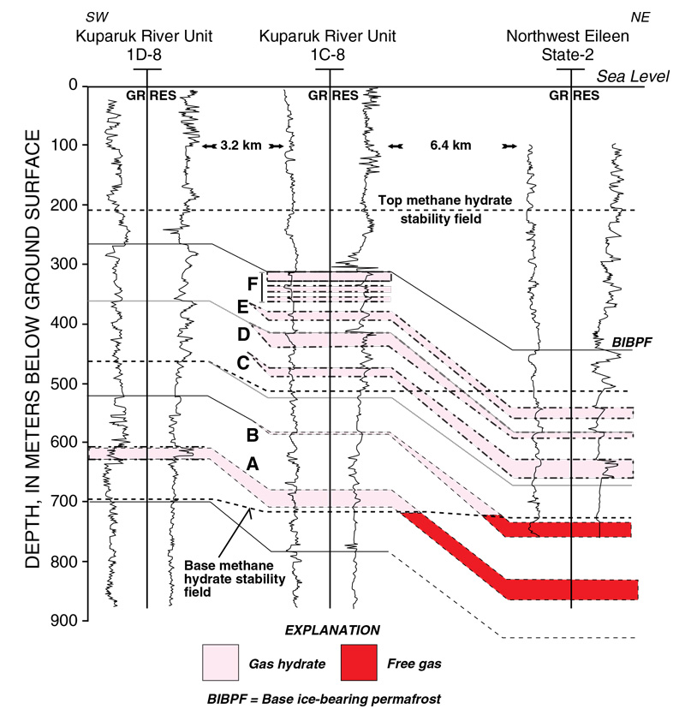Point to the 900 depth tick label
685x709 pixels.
click(x=66, y=620)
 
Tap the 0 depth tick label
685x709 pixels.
click(x=72, y=86)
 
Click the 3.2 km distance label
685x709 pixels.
click(x=243, y=146)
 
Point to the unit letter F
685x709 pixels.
click(x=250, y=283)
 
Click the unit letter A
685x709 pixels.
click(x=252, y=462)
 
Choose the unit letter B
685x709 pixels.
click(x=252, y=434)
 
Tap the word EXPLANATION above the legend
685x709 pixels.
click(x=331, y=630)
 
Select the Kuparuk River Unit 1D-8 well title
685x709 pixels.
click(x=144, y=45)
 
